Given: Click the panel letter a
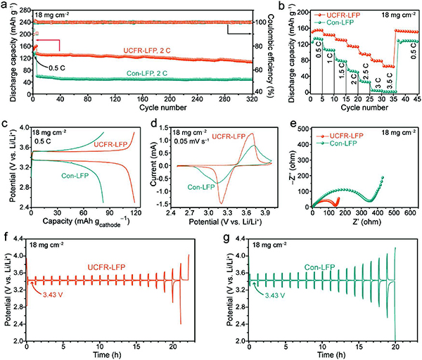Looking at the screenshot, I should coord(6,6).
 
